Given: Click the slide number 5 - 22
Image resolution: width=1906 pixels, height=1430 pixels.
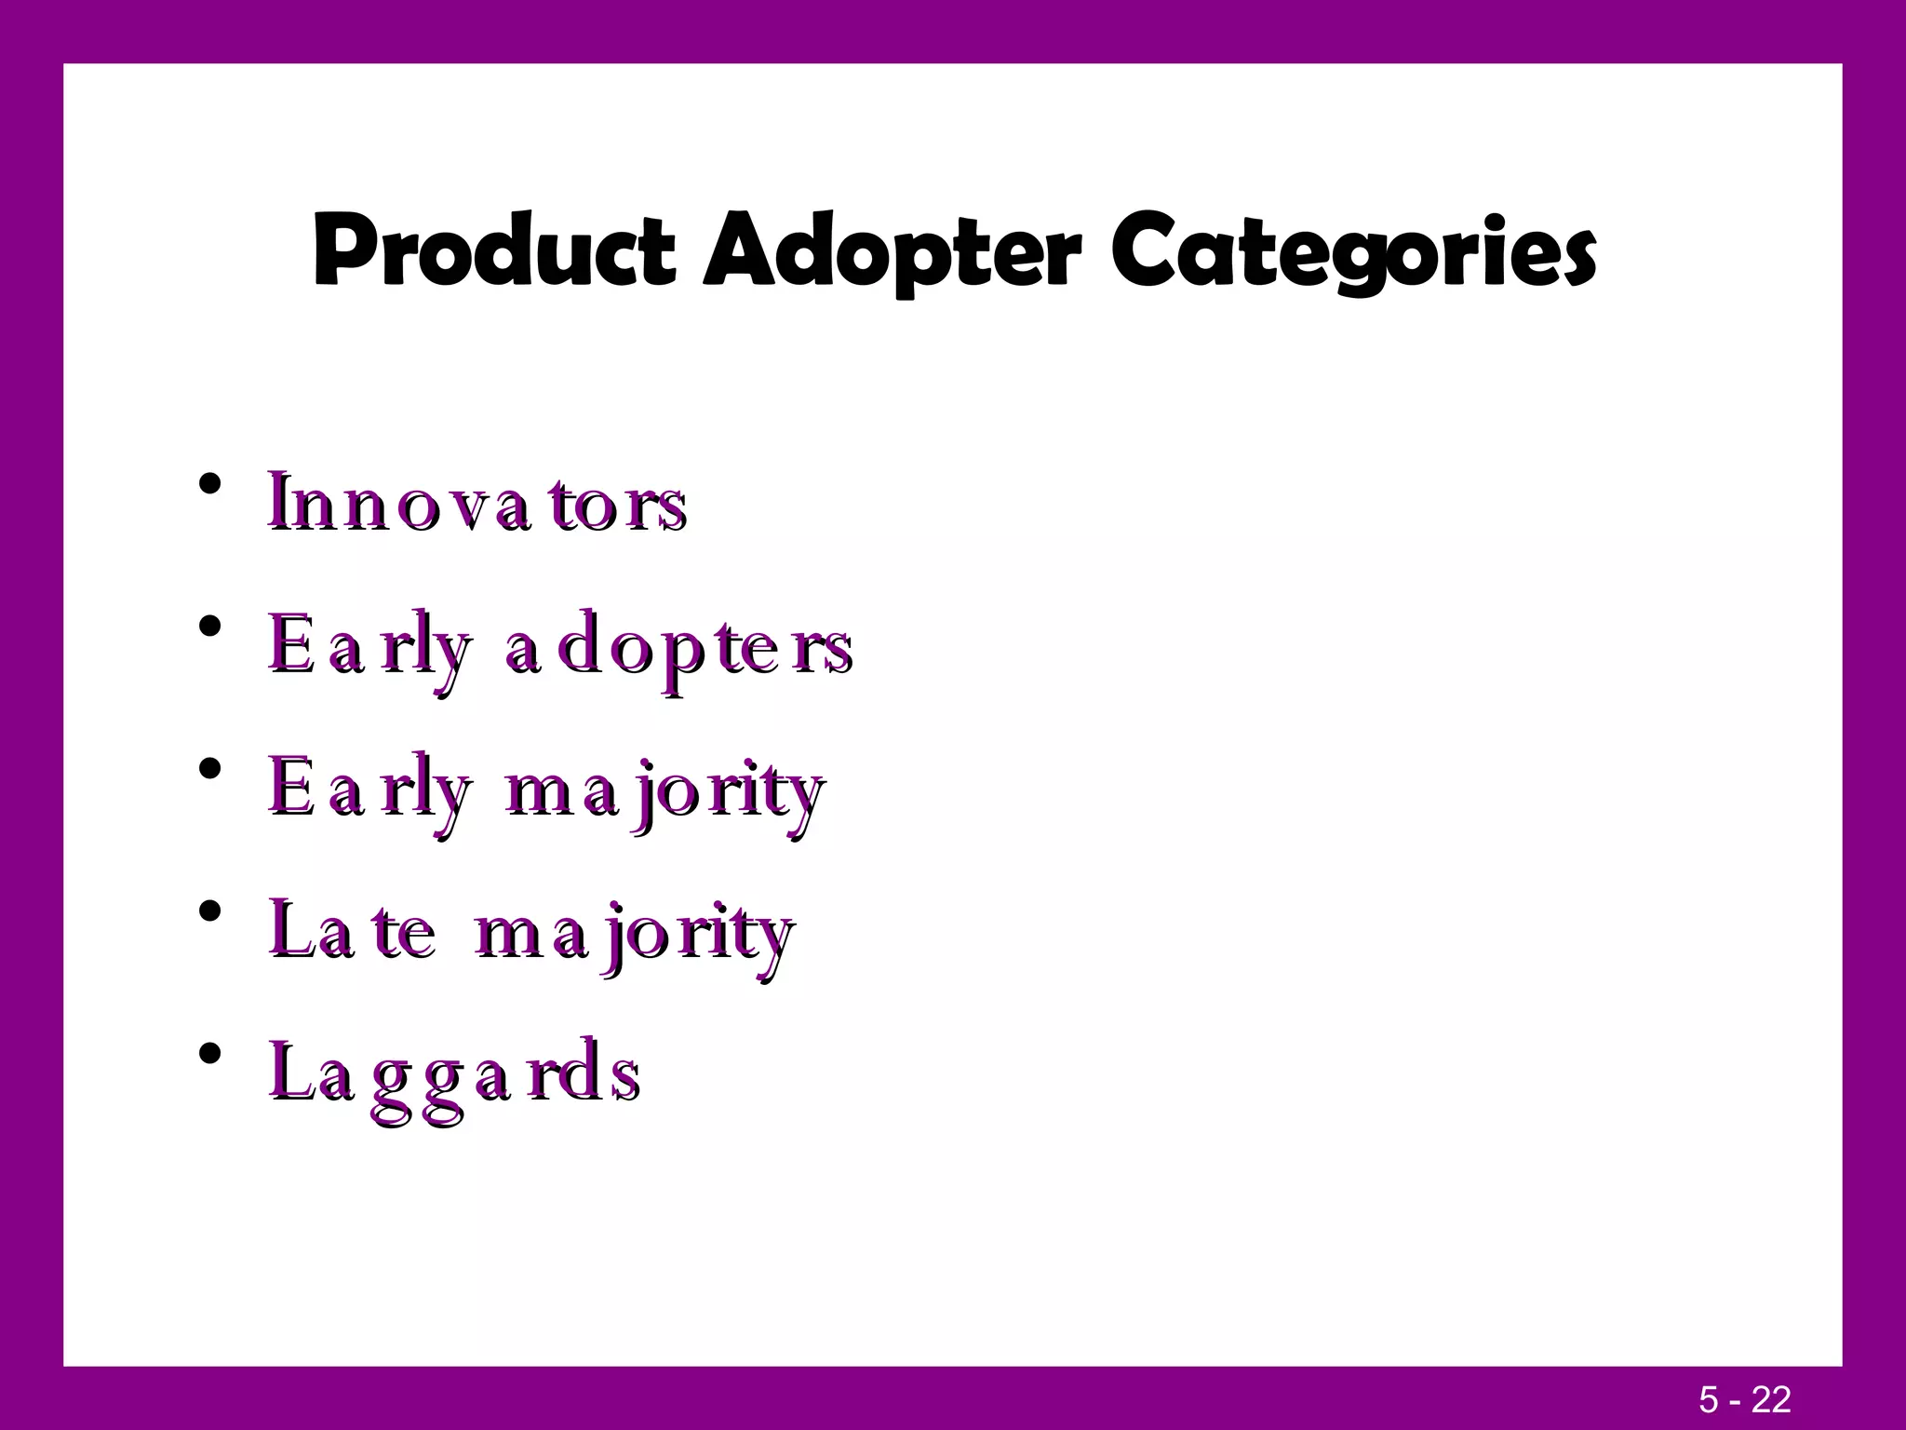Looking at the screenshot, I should pos(1745,1399).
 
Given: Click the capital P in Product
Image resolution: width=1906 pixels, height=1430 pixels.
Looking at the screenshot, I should pos(338,251).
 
